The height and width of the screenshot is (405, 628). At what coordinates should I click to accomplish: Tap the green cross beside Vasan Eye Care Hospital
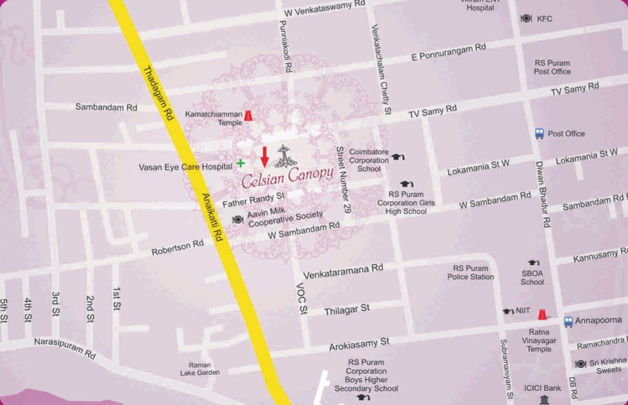[x=241, y=164]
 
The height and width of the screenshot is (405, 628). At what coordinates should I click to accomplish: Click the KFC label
[x=544, y=19]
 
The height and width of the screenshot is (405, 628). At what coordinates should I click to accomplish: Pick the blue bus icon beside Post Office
[x=540, y=134]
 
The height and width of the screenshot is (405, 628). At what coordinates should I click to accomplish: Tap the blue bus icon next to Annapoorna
[x=568, y=322]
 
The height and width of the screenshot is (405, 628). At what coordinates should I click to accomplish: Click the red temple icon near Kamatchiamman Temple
[x=248, y=115]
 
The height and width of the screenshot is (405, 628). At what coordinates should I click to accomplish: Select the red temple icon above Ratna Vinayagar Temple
[x=541, y=314]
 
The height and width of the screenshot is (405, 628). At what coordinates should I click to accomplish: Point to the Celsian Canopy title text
[x=287, y=175]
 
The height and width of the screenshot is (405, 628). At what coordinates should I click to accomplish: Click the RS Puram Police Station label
[x=471, y=273]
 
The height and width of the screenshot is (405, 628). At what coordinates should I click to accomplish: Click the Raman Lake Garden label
[x=200, y=368]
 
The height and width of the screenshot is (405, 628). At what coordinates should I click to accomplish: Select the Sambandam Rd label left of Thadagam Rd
[x=106, y=107]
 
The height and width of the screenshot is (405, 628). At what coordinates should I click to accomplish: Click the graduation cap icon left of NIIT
[x=508, y=311]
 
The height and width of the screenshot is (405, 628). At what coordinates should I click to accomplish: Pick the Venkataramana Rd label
[x=343, y=272]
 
